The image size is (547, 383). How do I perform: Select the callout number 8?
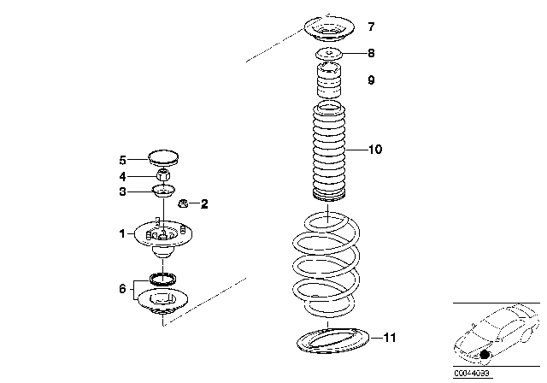pyautogui.click(x=371, y=53)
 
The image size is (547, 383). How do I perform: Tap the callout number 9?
pyautogui.click(x=371, y=81)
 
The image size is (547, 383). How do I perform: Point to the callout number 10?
pyautogui.click(x=374, y=150)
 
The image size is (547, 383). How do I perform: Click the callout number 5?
pyautogui.click(x=122, y=160)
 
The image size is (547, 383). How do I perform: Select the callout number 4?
pyautogui.click(x=122, y=177)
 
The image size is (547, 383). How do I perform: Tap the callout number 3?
pyautogui.click(x=122, y=192)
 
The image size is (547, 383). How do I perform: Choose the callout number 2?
pyautogui.click(x=203, y=203)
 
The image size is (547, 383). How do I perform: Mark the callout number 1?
pyautogui.click(x=122, y=233)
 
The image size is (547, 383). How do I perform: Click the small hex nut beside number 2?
pyautogui.click(x=182, y=203)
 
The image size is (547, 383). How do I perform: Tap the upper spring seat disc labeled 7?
pyautogui.click(x=328, y=32)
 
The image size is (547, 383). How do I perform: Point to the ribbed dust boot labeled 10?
pyautogui.click(x=328, y=150)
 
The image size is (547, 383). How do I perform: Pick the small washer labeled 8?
pyautogui.click(x=328, y=56)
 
